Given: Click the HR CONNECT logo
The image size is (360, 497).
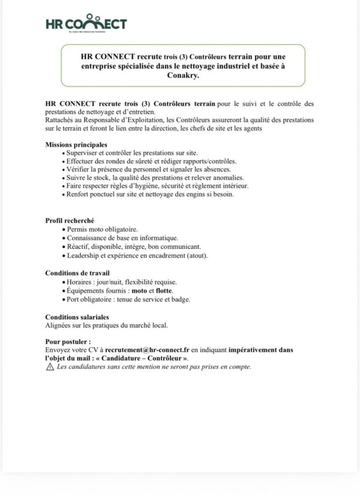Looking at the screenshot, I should [x=86, y=24].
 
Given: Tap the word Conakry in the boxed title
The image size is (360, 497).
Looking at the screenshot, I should [x=182, y=75].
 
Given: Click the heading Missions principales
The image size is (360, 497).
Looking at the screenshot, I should [x=76, y=145].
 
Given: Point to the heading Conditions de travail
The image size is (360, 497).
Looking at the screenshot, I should [x=81, y=273].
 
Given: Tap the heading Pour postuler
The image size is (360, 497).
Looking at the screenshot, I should [x=68, y=341].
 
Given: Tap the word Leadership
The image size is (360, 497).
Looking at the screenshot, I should [x=83, y=255].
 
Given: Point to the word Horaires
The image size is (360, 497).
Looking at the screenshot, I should [x=80, y=282].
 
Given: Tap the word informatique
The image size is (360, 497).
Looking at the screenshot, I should [x=161, y=238].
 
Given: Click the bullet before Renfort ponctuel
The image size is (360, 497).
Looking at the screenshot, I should [x=64, y=194].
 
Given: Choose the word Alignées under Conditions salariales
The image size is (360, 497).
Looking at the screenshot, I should [x=58, y=325].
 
